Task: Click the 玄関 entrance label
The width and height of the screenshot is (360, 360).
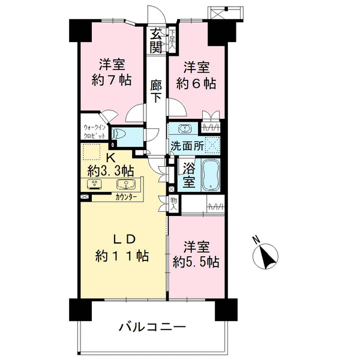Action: [156, 41]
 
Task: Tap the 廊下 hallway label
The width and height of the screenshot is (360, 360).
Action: [156, 92]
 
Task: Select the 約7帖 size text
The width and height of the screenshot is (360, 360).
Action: [112, 80]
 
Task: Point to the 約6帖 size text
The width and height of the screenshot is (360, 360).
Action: [196, 83]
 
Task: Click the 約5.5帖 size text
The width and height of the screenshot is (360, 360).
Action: [196, 262]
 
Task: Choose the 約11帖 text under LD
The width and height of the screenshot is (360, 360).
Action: [122, 256]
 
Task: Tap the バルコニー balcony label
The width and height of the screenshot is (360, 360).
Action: [152, 327]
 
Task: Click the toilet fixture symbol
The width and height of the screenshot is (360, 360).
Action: [118, 134]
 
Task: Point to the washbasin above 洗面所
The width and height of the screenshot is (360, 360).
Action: [185, 128]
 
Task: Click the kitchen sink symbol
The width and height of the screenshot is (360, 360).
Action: [125, 184]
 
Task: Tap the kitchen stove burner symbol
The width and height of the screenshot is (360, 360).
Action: [94, 184]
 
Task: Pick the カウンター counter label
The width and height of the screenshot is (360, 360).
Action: [126, 197]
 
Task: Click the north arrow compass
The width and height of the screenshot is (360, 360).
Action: [265, 256]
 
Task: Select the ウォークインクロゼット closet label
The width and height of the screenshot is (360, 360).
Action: [95, 131]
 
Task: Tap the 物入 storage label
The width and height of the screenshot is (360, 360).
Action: [174, 205]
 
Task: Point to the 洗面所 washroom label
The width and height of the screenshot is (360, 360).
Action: [187, 146]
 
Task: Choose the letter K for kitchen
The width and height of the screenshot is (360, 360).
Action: [110, 158]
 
